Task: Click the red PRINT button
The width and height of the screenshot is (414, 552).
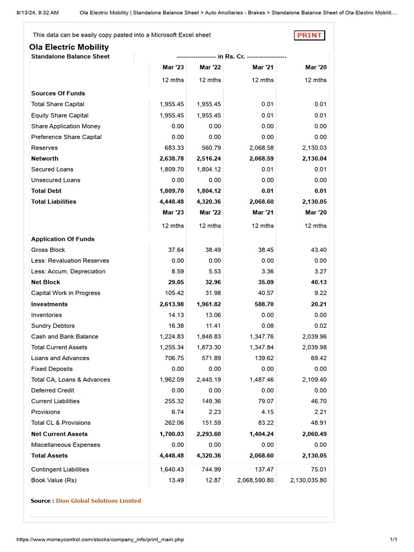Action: pyautogui.click(x=310, y=36)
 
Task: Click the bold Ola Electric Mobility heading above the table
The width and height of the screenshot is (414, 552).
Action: pyautogui.click(x=69, y=47)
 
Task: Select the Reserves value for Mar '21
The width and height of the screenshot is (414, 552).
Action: pyautogui.click(x=261, y=148)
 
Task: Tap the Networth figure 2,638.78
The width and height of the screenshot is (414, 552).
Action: pyautogui.click(x=171, y=158)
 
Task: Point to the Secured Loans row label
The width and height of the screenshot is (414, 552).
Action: pyautogui.click(x=52, y=169)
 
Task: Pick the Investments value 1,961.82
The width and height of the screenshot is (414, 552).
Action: pyautogui.click(x=209, y=304)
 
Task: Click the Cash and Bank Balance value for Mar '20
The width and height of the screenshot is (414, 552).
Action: pyautogui.click(x=313, y=336)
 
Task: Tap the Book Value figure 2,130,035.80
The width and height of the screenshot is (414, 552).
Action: pyautogui.click(x=308, y=480)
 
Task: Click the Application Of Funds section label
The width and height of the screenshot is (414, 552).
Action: pyautogui.click(x=63, y=239)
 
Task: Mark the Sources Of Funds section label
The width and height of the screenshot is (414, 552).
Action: pyautogui.click(x=58, y=93)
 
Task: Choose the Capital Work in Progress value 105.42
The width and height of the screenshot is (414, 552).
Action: pyautogui.click(x=174, y=293)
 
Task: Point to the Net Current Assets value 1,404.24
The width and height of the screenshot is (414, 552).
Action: pyautogui.click(x=261, y=434)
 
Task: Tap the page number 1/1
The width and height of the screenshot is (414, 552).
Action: pyautogui.click(x=393, y=540)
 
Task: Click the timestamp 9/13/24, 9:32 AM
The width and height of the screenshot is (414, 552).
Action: pyautogui.click(x=30, y=12)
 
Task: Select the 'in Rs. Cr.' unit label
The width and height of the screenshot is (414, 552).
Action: pyautogui.click(x=231, y=57)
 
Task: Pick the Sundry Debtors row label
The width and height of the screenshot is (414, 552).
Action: pyautogui.click(x=53, y=326)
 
